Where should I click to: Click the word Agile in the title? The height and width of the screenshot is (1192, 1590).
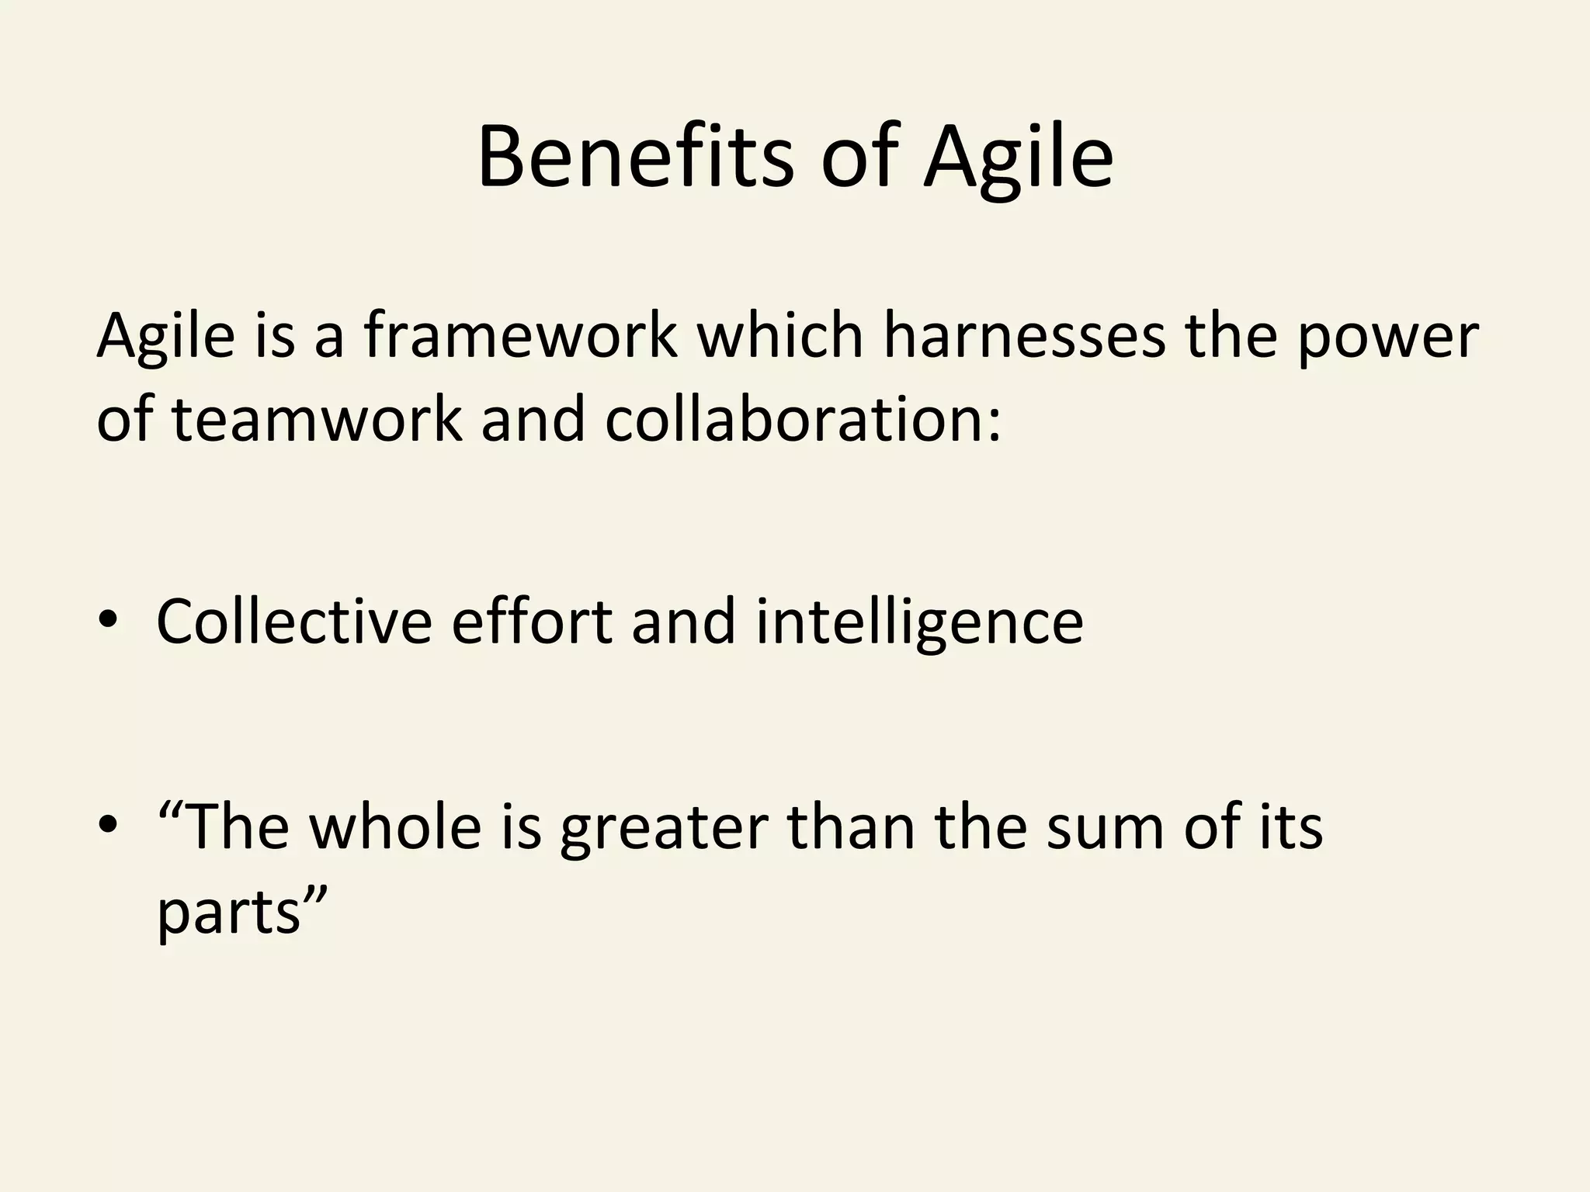point(1018,159)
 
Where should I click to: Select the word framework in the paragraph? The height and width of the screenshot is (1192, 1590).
point(519,335)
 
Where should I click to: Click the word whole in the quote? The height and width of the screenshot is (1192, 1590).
point(396,827)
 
